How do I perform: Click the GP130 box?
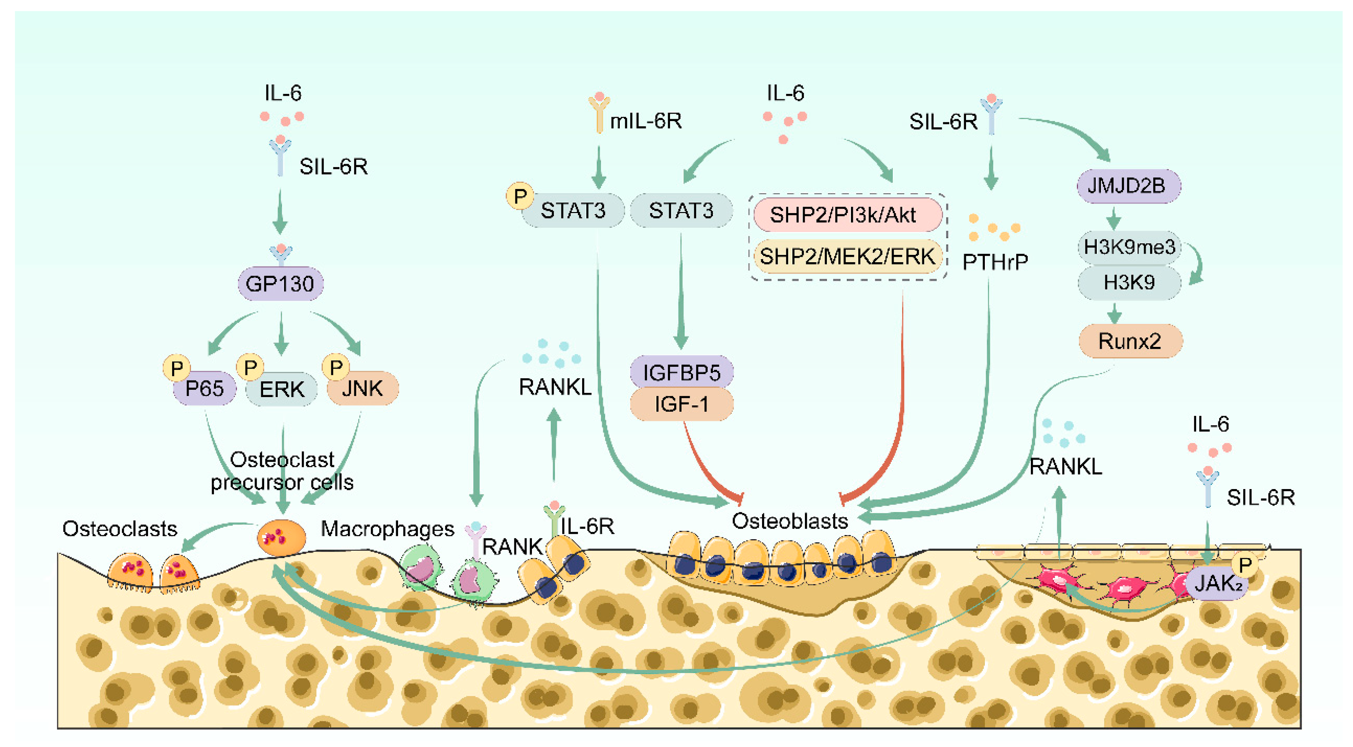(280, 284)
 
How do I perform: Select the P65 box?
(204, 389)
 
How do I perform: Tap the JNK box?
(362, 389)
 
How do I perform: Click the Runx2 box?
(1130, 341)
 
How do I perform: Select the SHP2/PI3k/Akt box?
(847, 215)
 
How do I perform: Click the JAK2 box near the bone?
(1218, 583)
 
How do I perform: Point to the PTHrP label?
(995, 262)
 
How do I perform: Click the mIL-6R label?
(645, 121)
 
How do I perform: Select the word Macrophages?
(387, 529)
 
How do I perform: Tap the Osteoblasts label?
(789, 521)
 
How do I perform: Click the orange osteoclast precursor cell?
(281, 538)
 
